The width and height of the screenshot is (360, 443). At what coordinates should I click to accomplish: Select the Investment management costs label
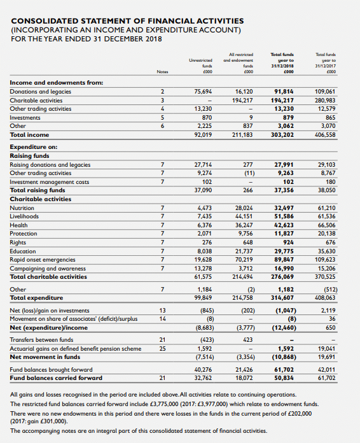tap(46, 181)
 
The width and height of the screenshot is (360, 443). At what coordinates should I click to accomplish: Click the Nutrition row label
tap(24, 207)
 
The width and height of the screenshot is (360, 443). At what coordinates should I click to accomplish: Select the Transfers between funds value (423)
tap(203, 339)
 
